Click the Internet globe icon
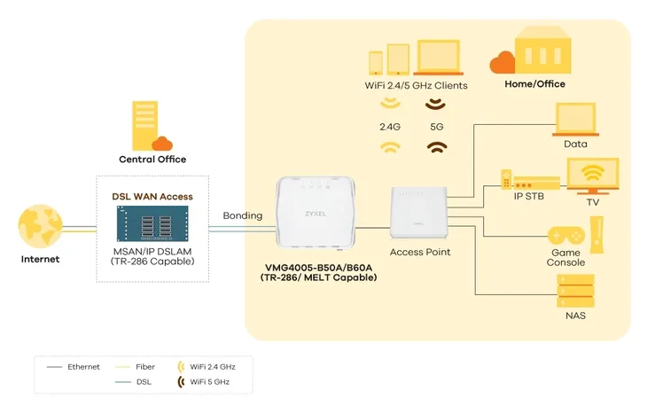click(40, 227)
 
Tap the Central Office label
click(152, 160)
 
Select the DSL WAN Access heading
click(152, 197)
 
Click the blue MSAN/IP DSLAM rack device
click(152, 223)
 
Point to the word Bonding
click(243, 216)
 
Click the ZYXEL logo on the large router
click(316, 214)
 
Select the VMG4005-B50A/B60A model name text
click(318, 268)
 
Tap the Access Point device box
click(419, 213)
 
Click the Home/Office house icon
click(542, 50)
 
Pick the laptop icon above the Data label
click(575, 120)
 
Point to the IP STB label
click(528, 197)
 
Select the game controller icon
click(566, 236)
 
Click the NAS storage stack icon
click(575, 291)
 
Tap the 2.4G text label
click(390, 127)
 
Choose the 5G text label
click(437, 127)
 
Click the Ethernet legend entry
click(73, 367)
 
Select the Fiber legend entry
click(135, 367)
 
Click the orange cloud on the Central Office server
click(162, 144)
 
